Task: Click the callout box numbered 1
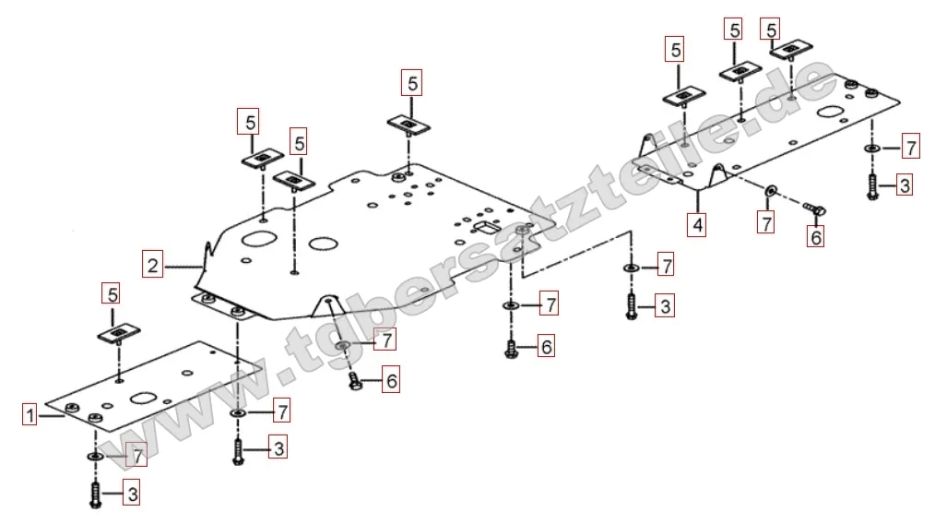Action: (x=30, y=415)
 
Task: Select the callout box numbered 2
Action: (x=153, y=267)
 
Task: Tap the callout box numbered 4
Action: (x=698, y=223)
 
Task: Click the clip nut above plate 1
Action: (x=118, y=332)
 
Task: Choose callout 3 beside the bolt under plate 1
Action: (x=132, y=494)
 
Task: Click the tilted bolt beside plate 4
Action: (x=813, y=209)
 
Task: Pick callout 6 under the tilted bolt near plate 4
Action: (x=816, y=237)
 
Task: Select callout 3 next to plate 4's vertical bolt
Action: (x=904, y=185)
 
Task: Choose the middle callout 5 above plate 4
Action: (x=735, y=30)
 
